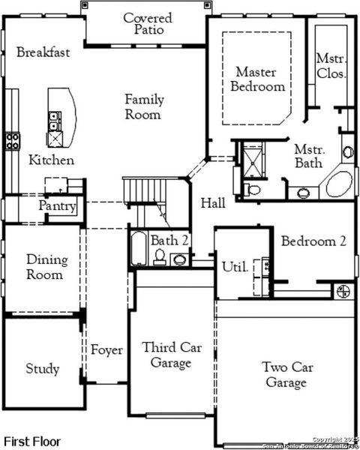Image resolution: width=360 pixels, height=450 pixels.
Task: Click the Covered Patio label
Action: [147, 23]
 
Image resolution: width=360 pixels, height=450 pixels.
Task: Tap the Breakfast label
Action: [43, 52]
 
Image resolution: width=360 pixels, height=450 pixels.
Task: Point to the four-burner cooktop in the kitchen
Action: [13, 141]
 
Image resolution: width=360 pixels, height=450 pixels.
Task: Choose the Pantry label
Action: [58, 206]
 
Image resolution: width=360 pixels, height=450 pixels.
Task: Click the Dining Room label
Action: [46, 267]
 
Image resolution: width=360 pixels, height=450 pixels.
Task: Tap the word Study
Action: [42, 369]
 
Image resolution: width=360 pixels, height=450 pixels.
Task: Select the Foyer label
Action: [106, 350]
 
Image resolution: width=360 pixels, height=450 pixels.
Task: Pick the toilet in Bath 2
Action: [160, 256]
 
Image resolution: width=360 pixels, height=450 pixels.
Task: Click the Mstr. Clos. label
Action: [330, 65]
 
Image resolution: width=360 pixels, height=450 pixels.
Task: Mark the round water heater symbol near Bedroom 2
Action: [345, 291]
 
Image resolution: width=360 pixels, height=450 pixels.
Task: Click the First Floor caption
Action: [32, 441]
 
